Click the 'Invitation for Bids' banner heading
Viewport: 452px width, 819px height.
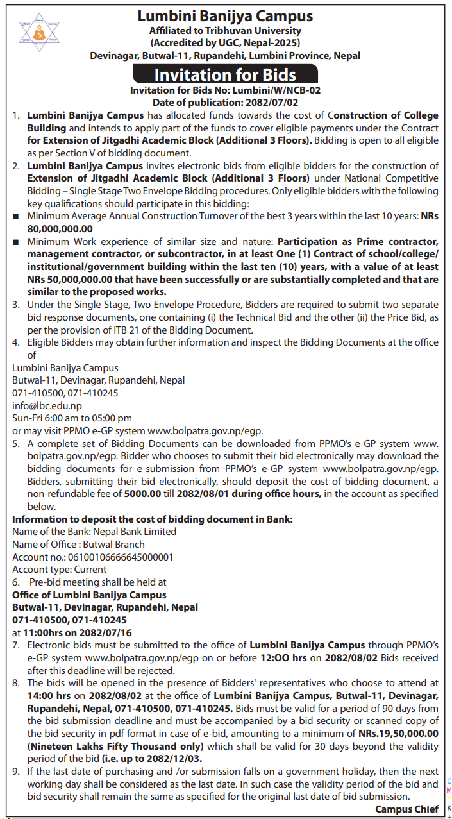[225, 74]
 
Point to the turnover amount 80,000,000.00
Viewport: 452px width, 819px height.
[60, 229]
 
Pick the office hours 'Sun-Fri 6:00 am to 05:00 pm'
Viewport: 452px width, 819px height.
[72, 418]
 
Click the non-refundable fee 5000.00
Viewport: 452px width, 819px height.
[147, 493]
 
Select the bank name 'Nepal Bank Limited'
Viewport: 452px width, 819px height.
[135, 531]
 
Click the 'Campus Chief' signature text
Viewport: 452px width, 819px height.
[406, 809]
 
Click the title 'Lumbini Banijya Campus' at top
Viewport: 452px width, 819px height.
[225, 16]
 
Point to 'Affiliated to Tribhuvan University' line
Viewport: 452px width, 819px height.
[225, 31]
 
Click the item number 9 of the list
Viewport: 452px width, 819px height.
[17, 771]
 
